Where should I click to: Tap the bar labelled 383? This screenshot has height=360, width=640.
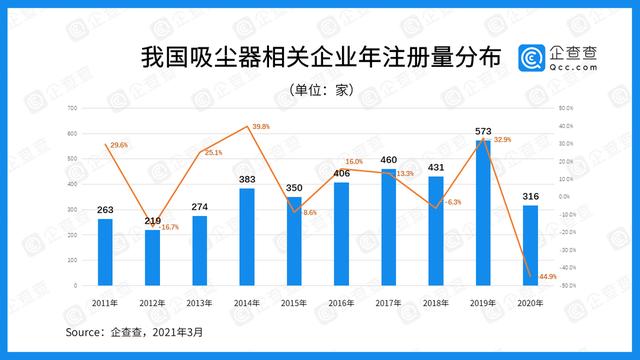coord(247,237)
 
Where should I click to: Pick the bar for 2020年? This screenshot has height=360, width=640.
coord(529,245)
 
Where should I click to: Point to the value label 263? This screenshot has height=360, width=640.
coord(105,210)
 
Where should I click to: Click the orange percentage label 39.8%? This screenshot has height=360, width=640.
coord(262,126)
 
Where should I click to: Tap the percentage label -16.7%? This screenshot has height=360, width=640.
coord(172,227)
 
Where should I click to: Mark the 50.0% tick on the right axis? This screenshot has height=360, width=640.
coord(565,108)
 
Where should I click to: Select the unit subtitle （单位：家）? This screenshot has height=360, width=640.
coord(320,88)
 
